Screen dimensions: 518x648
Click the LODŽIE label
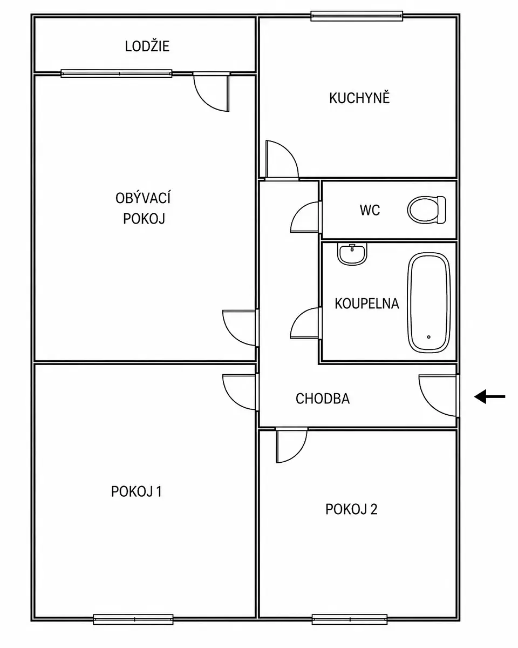(x=147, y=46)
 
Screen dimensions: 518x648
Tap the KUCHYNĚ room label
(x=359, y=98)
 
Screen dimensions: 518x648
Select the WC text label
(x=370, y=210)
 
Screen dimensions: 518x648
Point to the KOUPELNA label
(x=367, y=303)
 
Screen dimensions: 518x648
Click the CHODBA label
(x=323, y=399)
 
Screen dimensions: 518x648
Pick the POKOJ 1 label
(x=137, y=492)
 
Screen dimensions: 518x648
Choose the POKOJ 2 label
(x=351, y=509)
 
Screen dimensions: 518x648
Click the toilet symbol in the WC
(x=426, y=210)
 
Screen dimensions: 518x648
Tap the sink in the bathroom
(x=352, y=254)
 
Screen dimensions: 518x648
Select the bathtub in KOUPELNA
(x=429, y=302)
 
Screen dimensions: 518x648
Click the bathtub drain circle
(x=428, y=337)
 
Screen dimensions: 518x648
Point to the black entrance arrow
(x=490, y=396)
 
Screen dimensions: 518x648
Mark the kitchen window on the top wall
(x=357, y=16)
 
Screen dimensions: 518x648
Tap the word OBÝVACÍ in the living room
(x=143, y=198)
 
